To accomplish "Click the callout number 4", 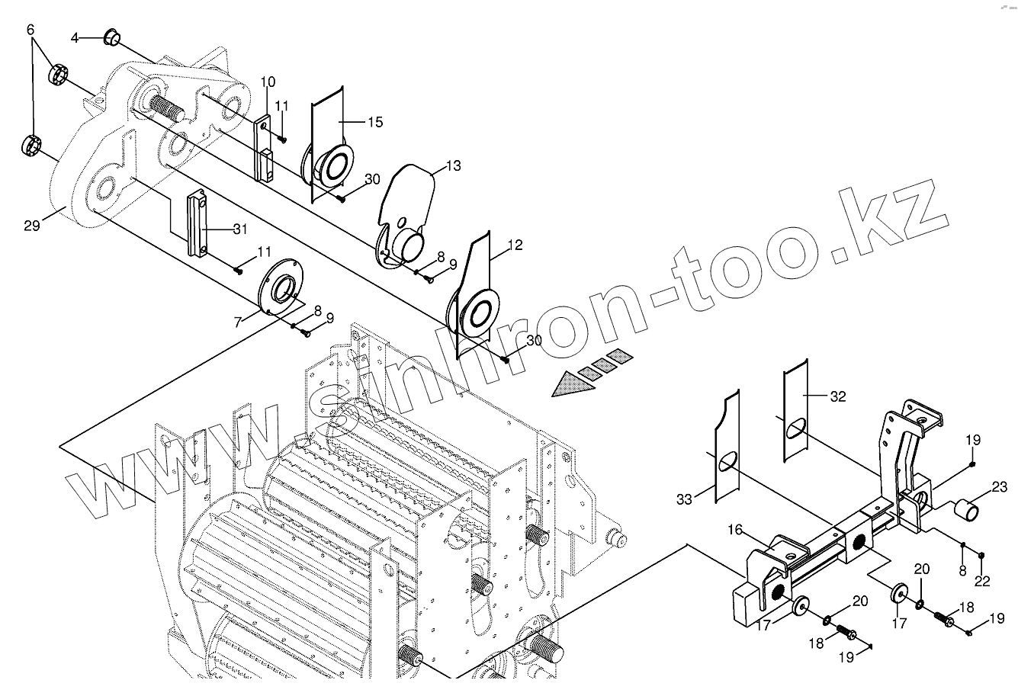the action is pos(75,37).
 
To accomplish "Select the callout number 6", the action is pos(31,30).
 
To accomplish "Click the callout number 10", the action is pos(267,82).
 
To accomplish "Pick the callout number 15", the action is pos(374,122).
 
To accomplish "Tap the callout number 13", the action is pos(453,165).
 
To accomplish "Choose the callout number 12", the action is pos(515,245).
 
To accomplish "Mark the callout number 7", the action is pos(238,322).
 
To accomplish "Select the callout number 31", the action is pos(240,228).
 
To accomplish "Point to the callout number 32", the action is pos(838,396).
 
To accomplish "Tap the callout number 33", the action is pos(686,499).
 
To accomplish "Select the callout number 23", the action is pos(1000,486).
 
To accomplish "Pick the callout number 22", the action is pos(982,582).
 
